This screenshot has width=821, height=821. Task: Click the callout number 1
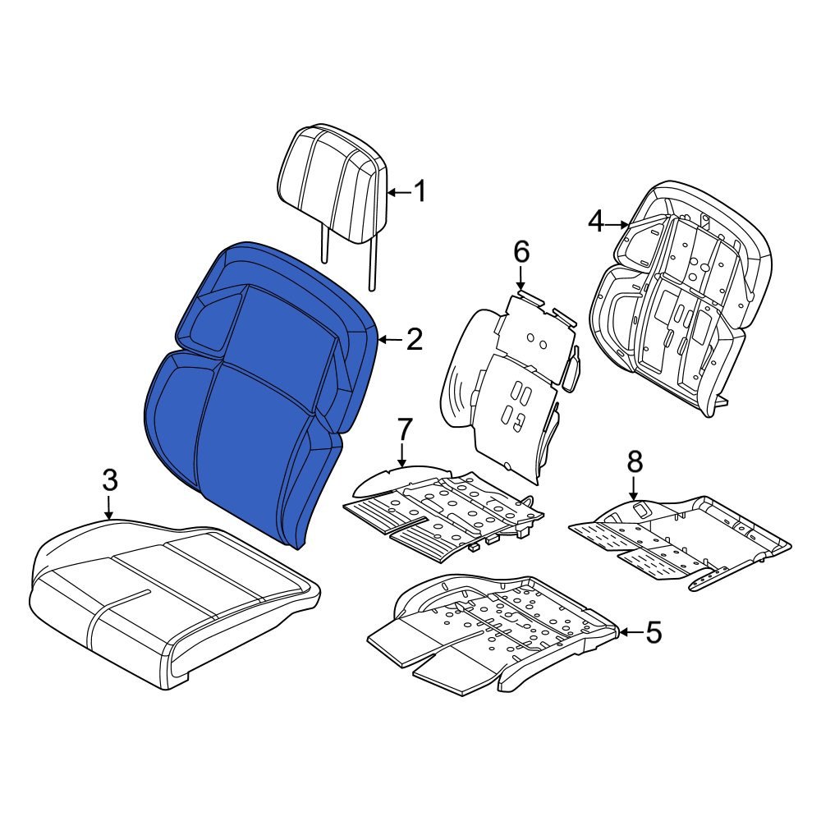[x=420, y=191]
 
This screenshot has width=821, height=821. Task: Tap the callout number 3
[x=109, y=480]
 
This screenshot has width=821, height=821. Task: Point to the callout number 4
[x=596, y=223]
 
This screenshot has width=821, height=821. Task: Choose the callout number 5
[x=654, y=632]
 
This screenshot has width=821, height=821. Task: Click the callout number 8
[x=634, y=462]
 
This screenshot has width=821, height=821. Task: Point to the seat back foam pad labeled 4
[x=681, y=299]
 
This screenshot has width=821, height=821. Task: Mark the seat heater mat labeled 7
[x=445, y=513]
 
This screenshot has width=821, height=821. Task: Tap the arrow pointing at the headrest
[x=399, y=193]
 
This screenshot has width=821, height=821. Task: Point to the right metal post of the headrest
[x=372, y=264]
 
